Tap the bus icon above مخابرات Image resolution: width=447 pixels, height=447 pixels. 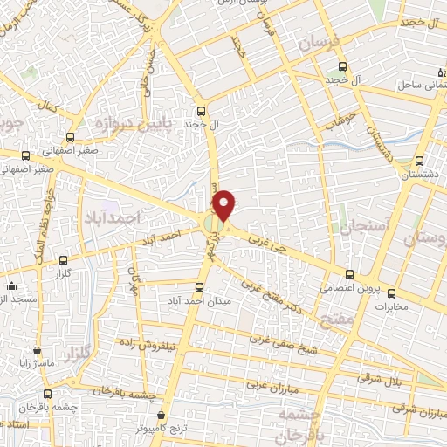(x=392, y=293)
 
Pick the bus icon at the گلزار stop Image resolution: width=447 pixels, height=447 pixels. (x=63, y=260)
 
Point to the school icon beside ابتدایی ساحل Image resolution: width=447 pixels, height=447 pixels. (x=442, y=72)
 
